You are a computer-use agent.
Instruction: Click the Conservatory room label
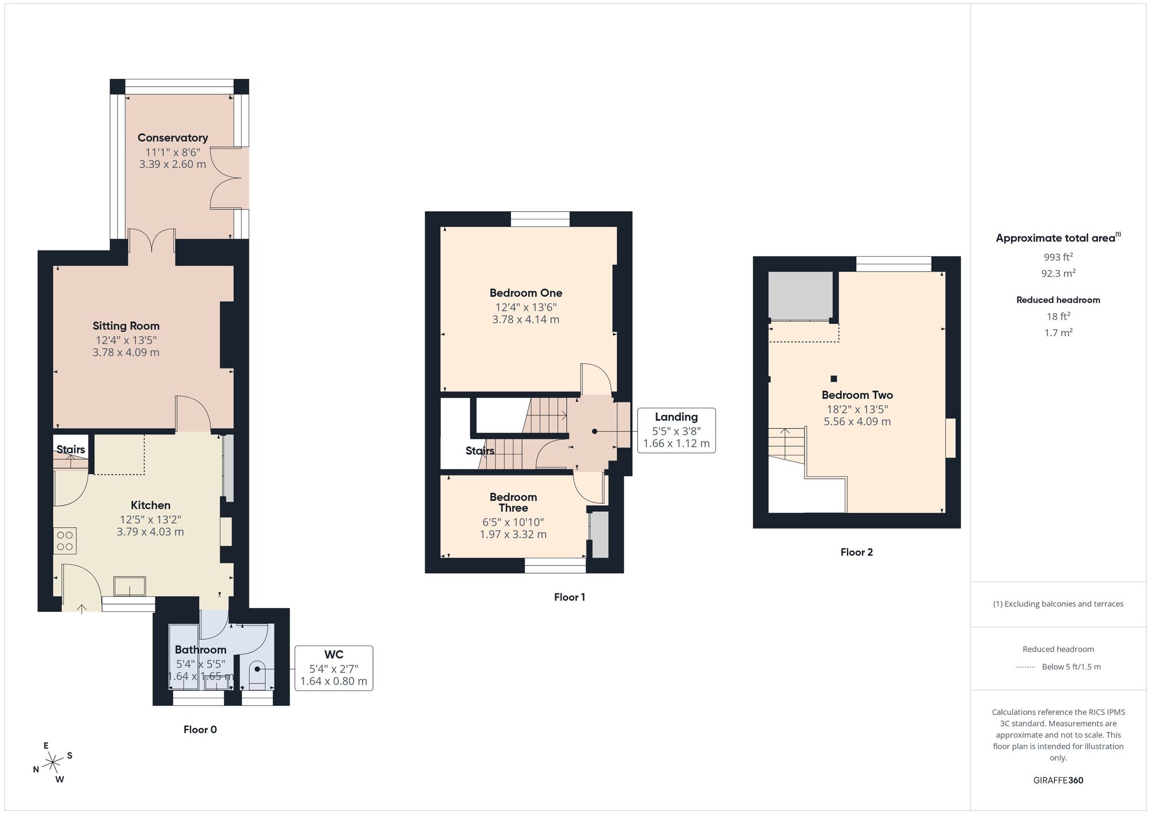tap(173, 138)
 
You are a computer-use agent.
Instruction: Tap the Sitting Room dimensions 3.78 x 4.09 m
tap(126, 352)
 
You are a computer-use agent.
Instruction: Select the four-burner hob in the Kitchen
tap(65, 541)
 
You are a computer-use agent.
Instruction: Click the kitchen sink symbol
tap(129, 586)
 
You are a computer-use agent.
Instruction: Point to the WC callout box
tap(334, 668)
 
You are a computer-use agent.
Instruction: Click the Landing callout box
tap(676, 430)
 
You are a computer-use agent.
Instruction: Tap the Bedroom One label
tap(525, 293)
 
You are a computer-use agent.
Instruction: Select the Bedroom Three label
tap(513, 502)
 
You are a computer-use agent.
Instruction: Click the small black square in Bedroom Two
tap(833, 379)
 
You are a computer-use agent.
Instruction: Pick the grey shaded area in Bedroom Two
tap(800, 295)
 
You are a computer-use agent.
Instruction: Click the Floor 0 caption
tap(200, 729)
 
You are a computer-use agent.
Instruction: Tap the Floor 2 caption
tap(856, 552)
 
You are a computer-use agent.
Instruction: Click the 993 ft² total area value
tap(1058, 257)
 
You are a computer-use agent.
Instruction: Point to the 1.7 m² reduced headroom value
tap(1058, 333)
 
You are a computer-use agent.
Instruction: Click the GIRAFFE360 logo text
tap(1058, 781)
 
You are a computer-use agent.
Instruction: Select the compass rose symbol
tap(53, 763)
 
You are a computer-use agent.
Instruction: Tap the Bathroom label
tap(200, 649)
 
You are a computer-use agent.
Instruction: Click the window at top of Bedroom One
tap(540, 219)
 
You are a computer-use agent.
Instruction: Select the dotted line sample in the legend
tap(1026, 667)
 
